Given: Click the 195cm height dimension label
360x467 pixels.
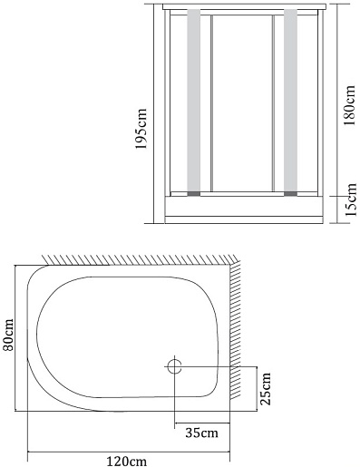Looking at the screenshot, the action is click(141, 129).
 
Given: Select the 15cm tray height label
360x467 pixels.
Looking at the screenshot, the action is click(351, 199).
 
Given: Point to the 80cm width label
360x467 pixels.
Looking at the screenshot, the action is click(8, 335).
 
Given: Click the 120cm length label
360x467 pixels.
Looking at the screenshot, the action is click(127, 462).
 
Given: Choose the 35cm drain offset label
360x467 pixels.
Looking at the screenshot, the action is click(201, 433).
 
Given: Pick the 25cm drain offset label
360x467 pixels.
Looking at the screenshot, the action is click(266, 389).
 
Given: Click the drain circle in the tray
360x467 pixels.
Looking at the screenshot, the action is click(174, 366).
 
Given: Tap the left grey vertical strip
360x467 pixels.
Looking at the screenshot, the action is click(193, 100).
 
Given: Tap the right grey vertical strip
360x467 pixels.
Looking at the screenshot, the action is click(290, 100).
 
